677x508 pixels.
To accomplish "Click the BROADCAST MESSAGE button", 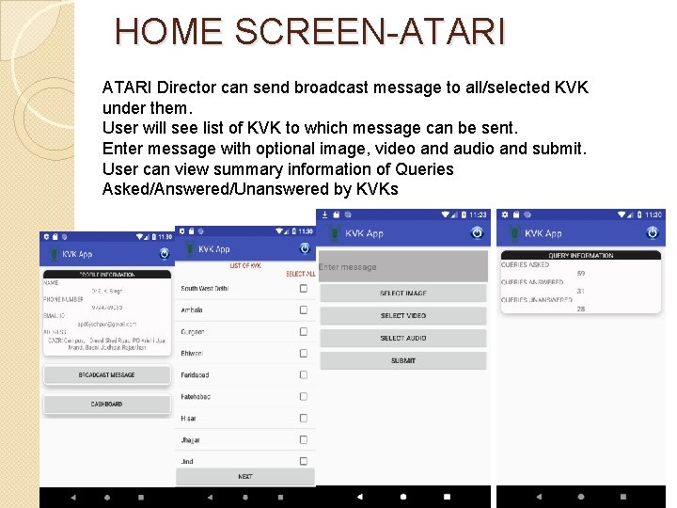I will tap(106, 374).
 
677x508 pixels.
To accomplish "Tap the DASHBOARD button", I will tap(106, 404).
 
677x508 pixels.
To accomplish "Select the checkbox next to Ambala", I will tap(303, 310).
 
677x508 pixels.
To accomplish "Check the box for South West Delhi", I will tap(303, 288).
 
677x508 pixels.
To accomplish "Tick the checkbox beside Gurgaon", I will tap(303, 331).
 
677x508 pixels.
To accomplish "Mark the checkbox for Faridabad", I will tap(303, 374).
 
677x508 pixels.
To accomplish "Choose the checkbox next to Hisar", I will tap(303, 418).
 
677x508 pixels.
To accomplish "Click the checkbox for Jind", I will tap(303, 461).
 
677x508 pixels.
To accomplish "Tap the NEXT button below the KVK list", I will tap(244, 477).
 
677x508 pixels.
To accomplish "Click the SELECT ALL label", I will tap(299, 274).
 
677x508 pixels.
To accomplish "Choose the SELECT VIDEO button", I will tap(402, 316).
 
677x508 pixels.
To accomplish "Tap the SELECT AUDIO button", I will tap(402, 339).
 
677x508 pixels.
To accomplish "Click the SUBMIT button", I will tap(402, 361).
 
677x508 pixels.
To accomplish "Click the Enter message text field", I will tap(402, 267).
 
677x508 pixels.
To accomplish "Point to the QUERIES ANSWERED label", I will tap(532, 282).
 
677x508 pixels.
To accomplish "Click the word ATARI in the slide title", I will tap(452, 32).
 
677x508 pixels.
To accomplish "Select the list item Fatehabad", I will tap(196, 396).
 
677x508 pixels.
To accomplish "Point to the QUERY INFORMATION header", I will tap(580, 255).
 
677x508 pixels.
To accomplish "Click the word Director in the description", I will tap(188, 87).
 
